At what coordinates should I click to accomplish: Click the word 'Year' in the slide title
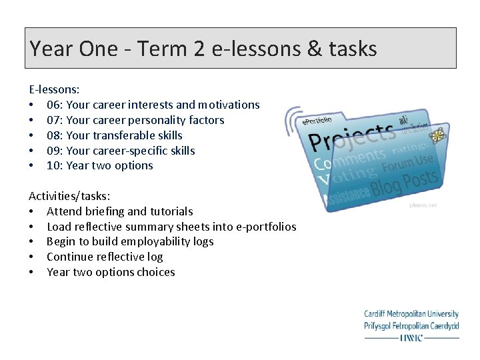(x=52, y=49)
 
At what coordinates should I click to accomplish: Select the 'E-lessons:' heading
(x=54, y=89)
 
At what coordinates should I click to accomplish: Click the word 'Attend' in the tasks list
(x=64, y=211)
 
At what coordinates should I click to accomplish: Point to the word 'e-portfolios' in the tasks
(x=264, y=227)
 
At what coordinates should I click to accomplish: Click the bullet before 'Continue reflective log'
(x=31, y=257)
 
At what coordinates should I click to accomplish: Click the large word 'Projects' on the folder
(x=352, y=136)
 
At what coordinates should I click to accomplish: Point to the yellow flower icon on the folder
(x=437, y=136)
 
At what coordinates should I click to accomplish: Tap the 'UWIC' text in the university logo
(x=411, y=337)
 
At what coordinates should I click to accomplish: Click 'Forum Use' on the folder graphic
(x=408, y=163)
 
